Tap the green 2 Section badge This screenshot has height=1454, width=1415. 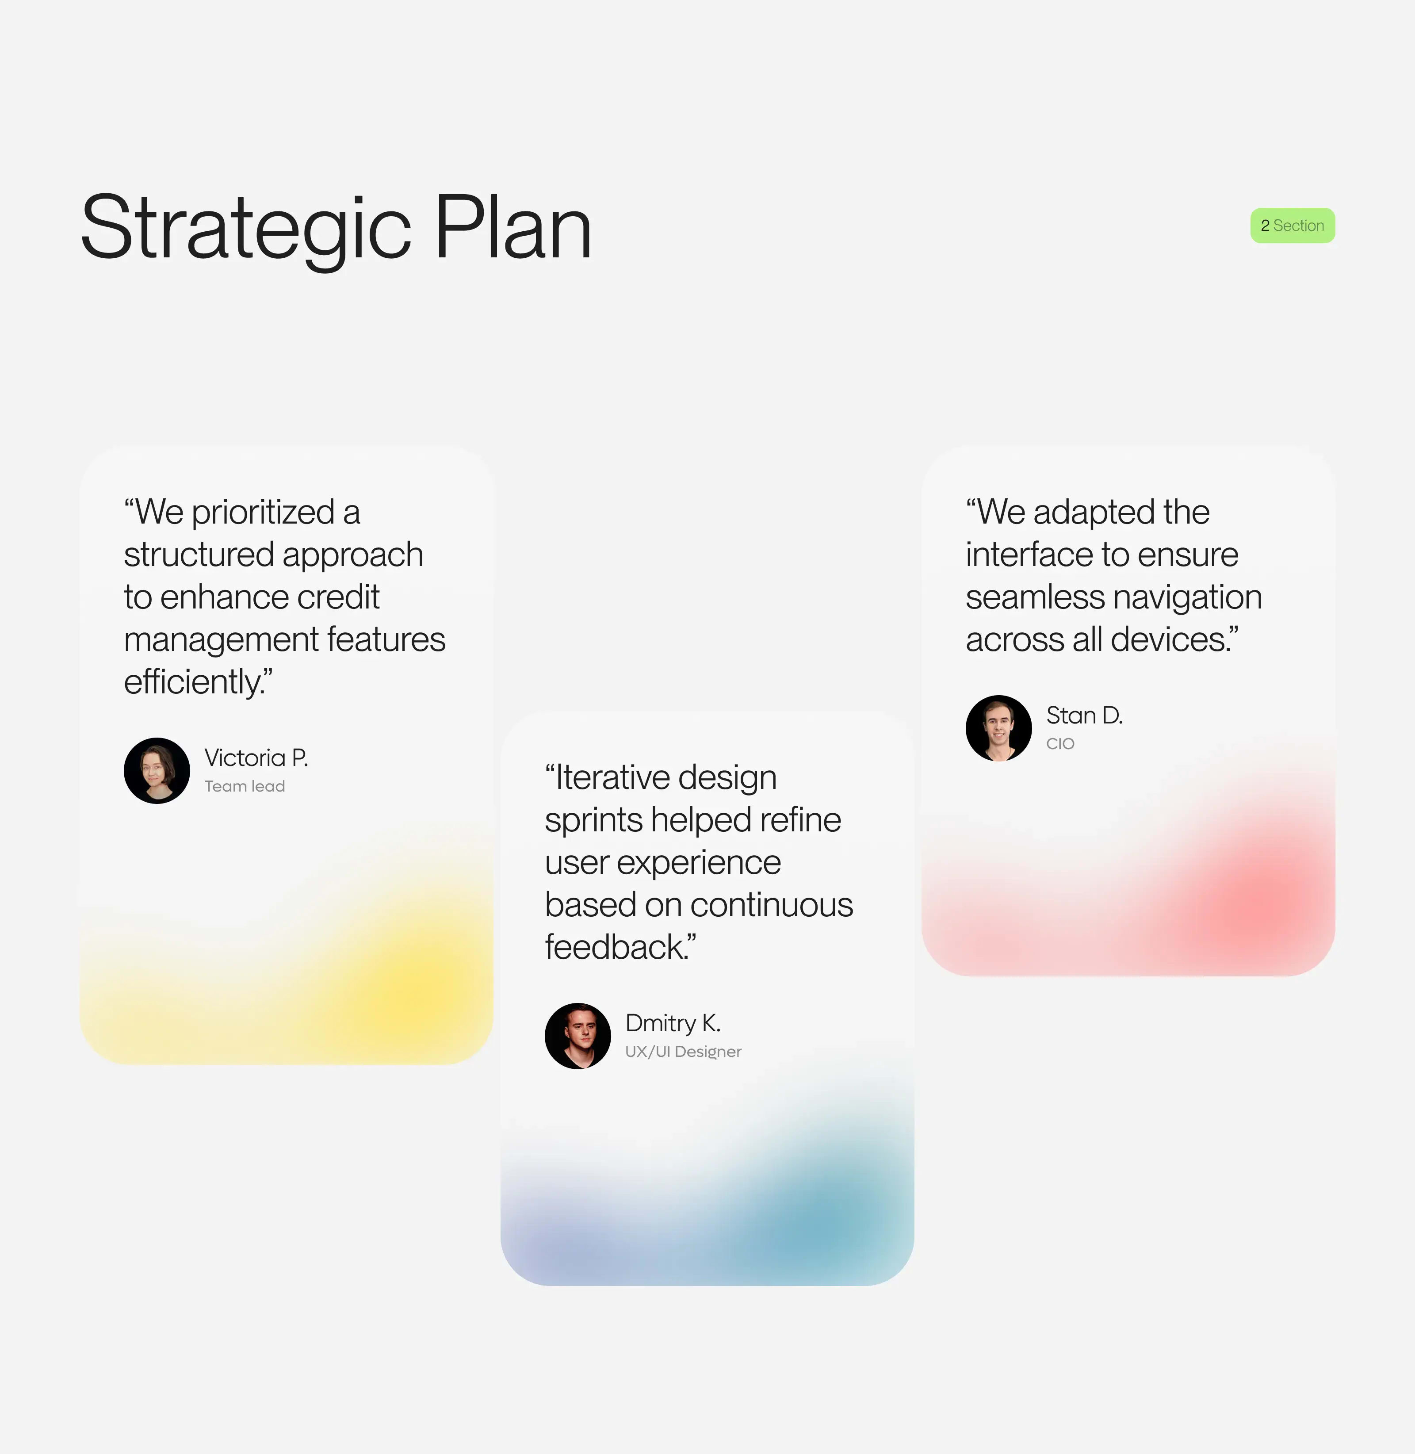pos(1293,225)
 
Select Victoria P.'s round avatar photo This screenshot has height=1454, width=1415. pos(157,770)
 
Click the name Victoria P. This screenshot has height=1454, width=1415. pos(256,758)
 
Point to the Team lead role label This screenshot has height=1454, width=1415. pos(245,786)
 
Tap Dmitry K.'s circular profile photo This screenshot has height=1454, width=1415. pos(577,1036)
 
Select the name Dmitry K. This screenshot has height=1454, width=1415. pos(673,1023)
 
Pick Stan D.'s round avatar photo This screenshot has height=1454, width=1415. pos(998,728)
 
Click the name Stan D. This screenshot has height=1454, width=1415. pos(1083,715)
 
